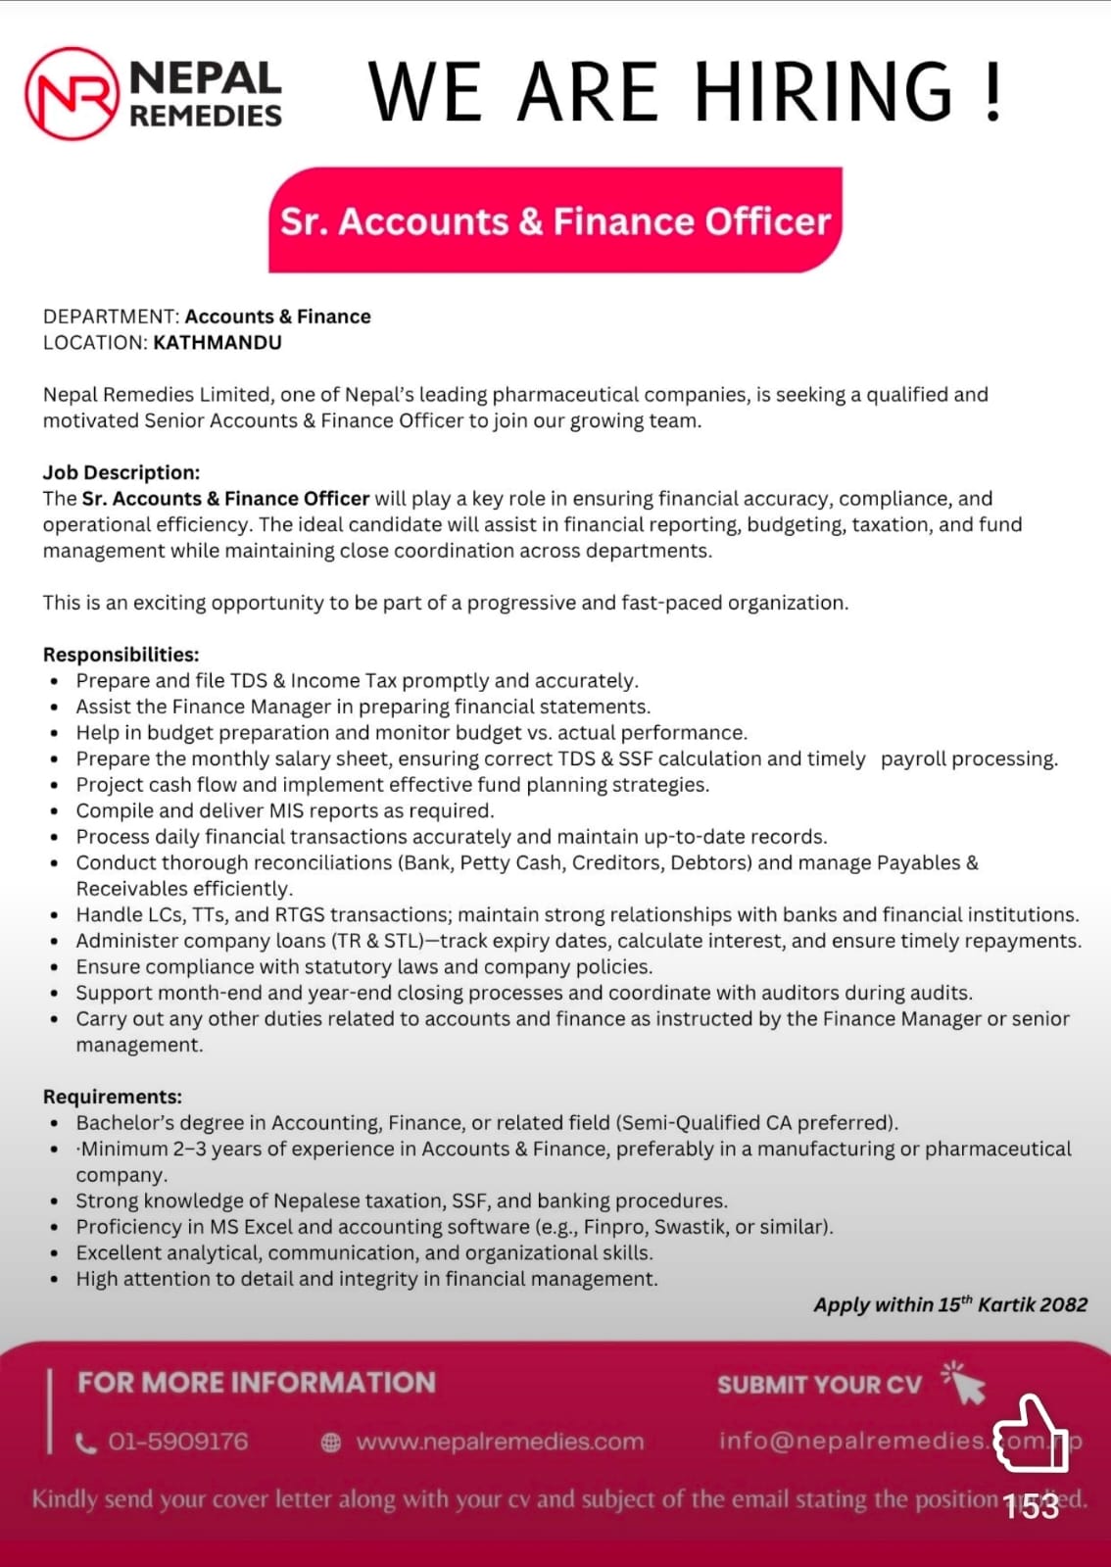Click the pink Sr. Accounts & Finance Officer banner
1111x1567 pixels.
coord(555,220)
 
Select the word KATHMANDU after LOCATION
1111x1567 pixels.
coord(217,343)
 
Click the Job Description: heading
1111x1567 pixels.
coord(121,472)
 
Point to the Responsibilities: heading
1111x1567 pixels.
coord(121,655)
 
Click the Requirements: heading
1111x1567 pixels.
coord(113,1097)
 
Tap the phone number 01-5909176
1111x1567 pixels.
coord(177,1442)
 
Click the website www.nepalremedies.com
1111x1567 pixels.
coord(500,1442)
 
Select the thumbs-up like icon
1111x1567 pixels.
coord(1031,1434)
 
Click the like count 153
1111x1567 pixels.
coord(1031,1505)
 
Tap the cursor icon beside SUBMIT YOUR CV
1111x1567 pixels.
coord(964,1383)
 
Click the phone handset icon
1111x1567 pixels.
coord(86,1443)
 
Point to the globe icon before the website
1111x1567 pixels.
coord(331,1443)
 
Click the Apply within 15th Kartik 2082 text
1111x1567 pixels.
coord(949,1304)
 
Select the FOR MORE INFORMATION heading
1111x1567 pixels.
coord(257,1383)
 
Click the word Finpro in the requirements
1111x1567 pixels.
coord(615,1227)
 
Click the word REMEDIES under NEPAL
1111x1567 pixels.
coord(206,117)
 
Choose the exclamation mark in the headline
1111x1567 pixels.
coord(993,91)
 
